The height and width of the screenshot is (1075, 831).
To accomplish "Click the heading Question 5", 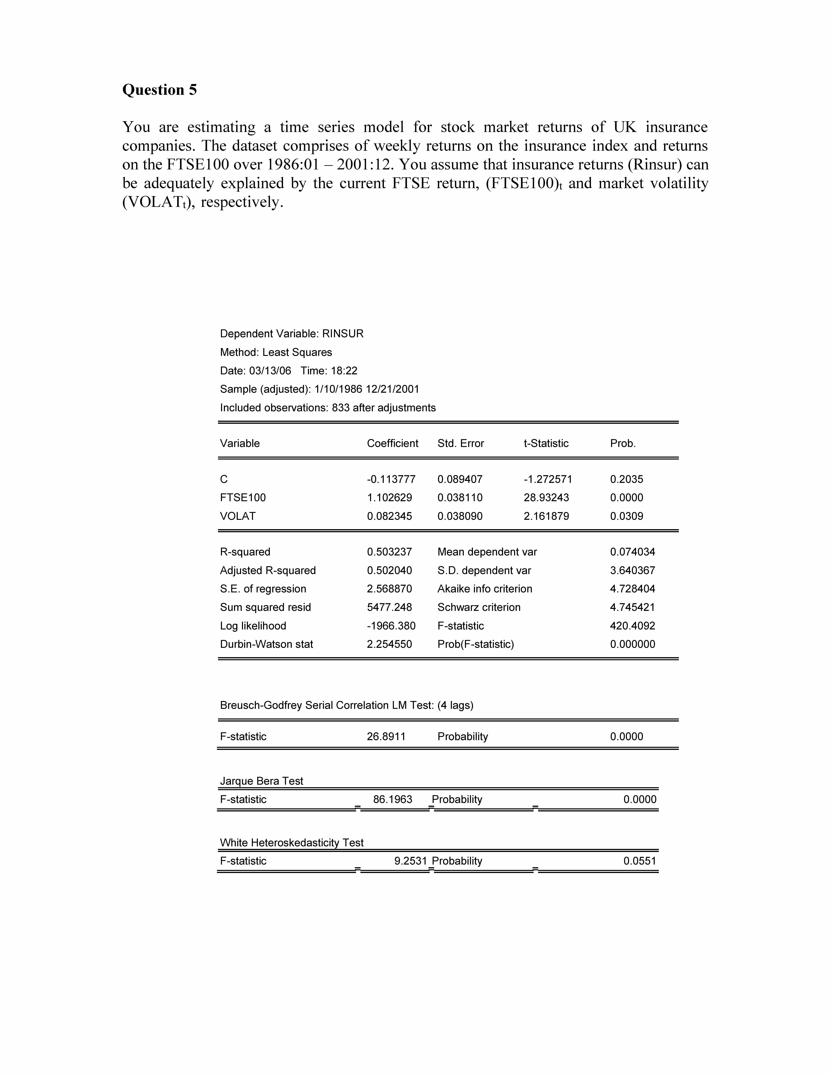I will [159, 90].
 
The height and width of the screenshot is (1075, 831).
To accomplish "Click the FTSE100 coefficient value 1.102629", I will [389, 498].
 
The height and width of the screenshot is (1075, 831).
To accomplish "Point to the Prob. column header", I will [623, 443].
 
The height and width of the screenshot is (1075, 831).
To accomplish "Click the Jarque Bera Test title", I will [261, 781].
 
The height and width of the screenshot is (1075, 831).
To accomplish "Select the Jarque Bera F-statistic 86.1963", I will [392, 799].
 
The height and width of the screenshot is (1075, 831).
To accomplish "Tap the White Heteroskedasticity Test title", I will [291, 843].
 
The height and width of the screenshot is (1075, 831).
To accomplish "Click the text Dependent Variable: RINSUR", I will [291, 334].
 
